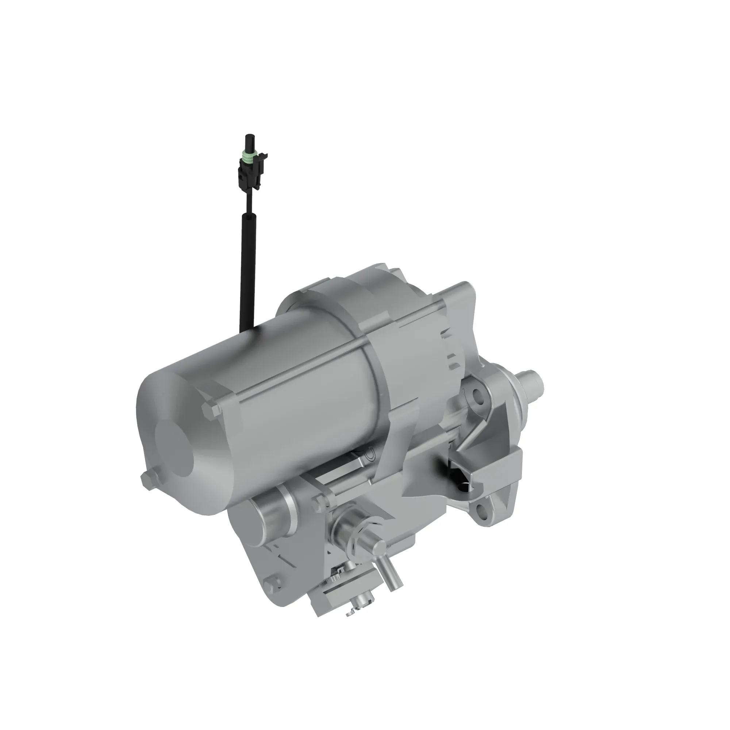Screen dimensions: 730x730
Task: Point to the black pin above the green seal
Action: (x=249, y=142)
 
